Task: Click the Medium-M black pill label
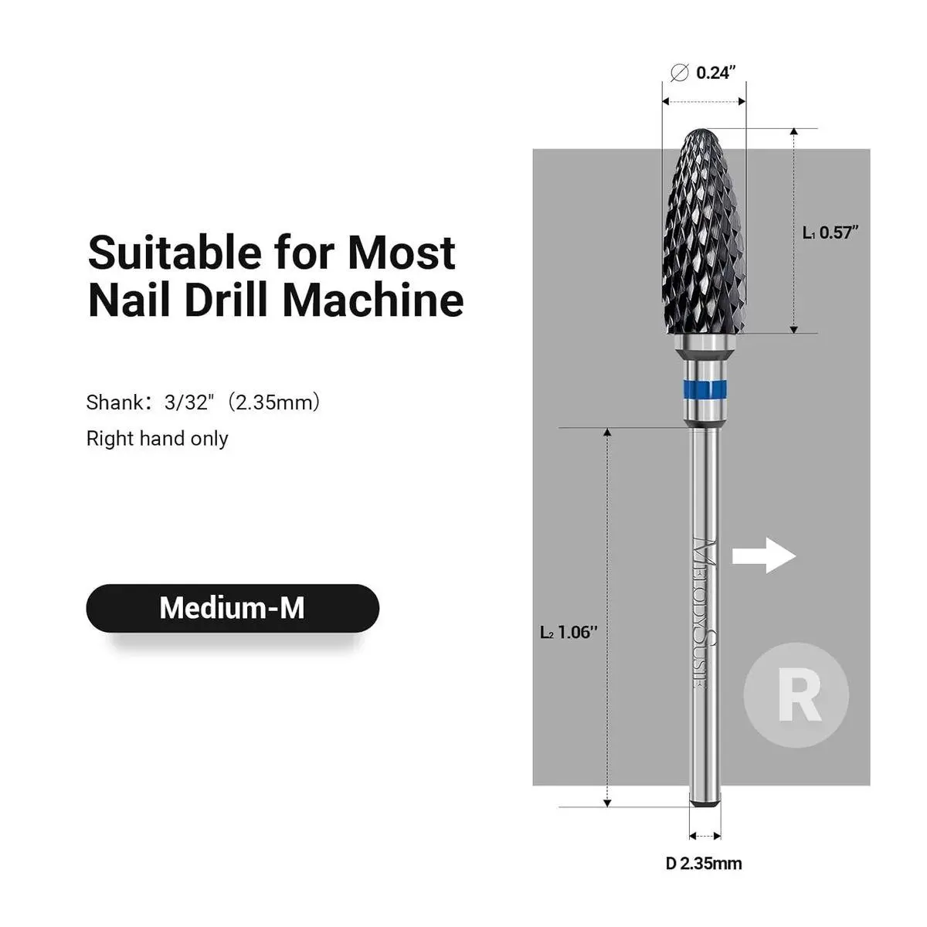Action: click(x=232, y=608)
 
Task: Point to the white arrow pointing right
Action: click(x=763, y=555)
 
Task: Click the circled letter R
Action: click(x=796, y=695)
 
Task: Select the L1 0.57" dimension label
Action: click(x=830, y=233)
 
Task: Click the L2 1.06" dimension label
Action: click(x=569, y=632)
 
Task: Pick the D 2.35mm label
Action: click(x=704, y=863)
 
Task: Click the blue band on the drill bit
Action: click(x=705, y=386)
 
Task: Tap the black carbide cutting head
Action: click(x=703, y=232)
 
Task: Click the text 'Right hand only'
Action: click(x=157, y=439)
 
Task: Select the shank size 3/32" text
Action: click(x=188, y=402)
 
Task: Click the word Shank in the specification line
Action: click(x=114, y=402)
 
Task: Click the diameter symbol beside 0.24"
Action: click(x=680, y=73)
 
